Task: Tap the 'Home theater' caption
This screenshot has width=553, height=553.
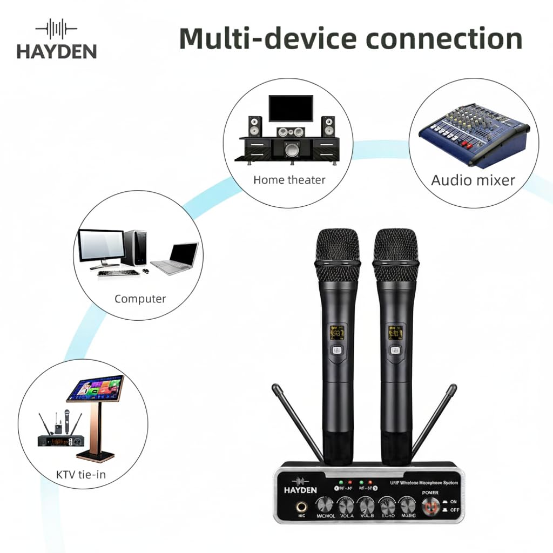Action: tap(289, 180)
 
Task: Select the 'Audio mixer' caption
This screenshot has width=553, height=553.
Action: tap(473, 180)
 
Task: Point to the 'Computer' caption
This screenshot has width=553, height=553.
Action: tap(140, 299)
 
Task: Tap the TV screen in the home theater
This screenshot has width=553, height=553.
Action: tap(291, 108)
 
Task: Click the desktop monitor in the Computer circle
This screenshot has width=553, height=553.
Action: tap(101, 246)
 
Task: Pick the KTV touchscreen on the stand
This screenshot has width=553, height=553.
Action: tap(96, 388)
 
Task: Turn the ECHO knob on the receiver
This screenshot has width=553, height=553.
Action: tap(387, 506)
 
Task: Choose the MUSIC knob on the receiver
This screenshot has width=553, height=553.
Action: tap(408, 506)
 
